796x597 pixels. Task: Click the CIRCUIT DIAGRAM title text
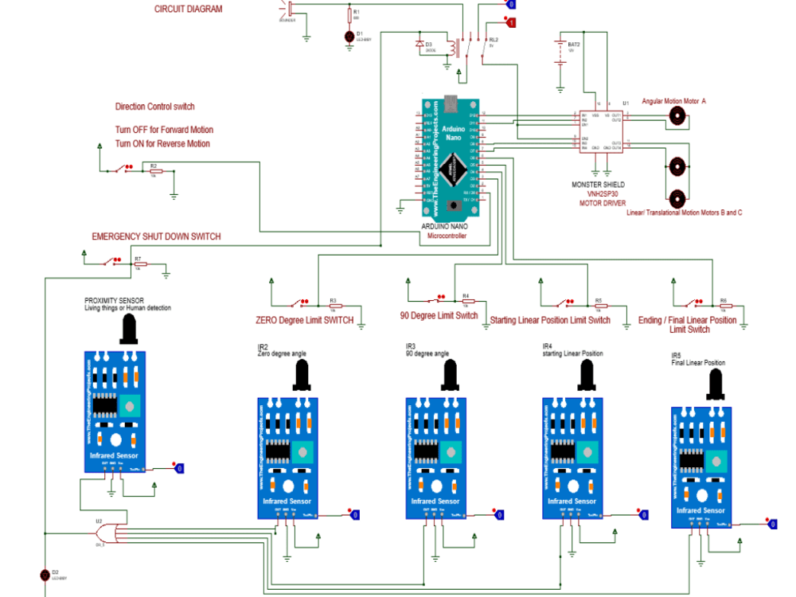[x=188, y=9]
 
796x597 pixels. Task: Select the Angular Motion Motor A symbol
[x=677, y=116]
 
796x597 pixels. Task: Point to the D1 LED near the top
[x=349, y=36]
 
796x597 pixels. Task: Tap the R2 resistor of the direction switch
[x=155, y=170]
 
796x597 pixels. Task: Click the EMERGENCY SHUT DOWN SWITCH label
[x=156, y=236]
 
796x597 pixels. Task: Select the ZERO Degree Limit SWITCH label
[x=304, y=320]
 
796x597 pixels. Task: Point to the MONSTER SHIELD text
[x=598, y=185]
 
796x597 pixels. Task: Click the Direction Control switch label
[x=154, y=107]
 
